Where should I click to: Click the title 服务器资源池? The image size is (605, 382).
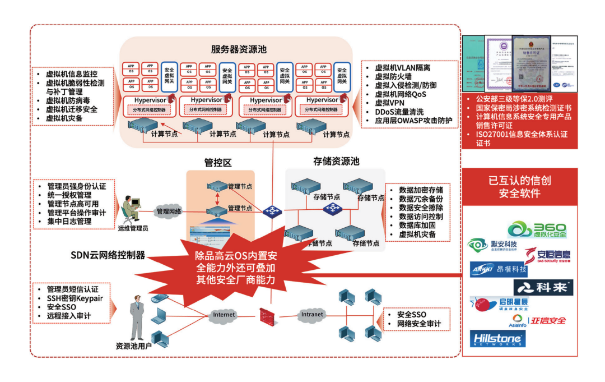239,49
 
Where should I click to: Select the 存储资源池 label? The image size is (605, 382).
336,162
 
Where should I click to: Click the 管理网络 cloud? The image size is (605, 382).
170,211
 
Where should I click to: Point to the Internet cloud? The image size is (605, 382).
224,315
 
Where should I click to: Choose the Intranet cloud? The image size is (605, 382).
311,315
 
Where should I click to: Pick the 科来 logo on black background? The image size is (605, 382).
543,288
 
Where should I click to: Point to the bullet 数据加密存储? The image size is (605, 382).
421,190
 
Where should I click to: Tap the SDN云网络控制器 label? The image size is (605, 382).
108,255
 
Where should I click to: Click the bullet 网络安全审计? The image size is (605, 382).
418,324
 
